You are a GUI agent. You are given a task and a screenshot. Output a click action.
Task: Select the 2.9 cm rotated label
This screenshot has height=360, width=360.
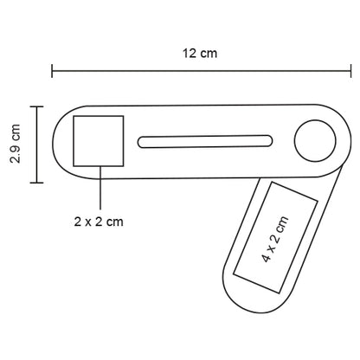[x=15, y=145]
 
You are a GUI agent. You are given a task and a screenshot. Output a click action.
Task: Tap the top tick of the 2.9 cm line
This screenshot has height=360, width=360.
[x=36, y=106]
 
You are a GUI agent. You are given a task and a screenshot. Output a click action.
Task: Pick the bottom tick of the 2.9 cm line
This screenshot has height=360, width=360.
[x=36, y=183]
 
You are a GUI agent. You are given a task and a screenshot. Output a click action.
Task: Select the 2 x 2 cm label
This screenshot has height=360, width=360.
[x=99, y=221]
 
